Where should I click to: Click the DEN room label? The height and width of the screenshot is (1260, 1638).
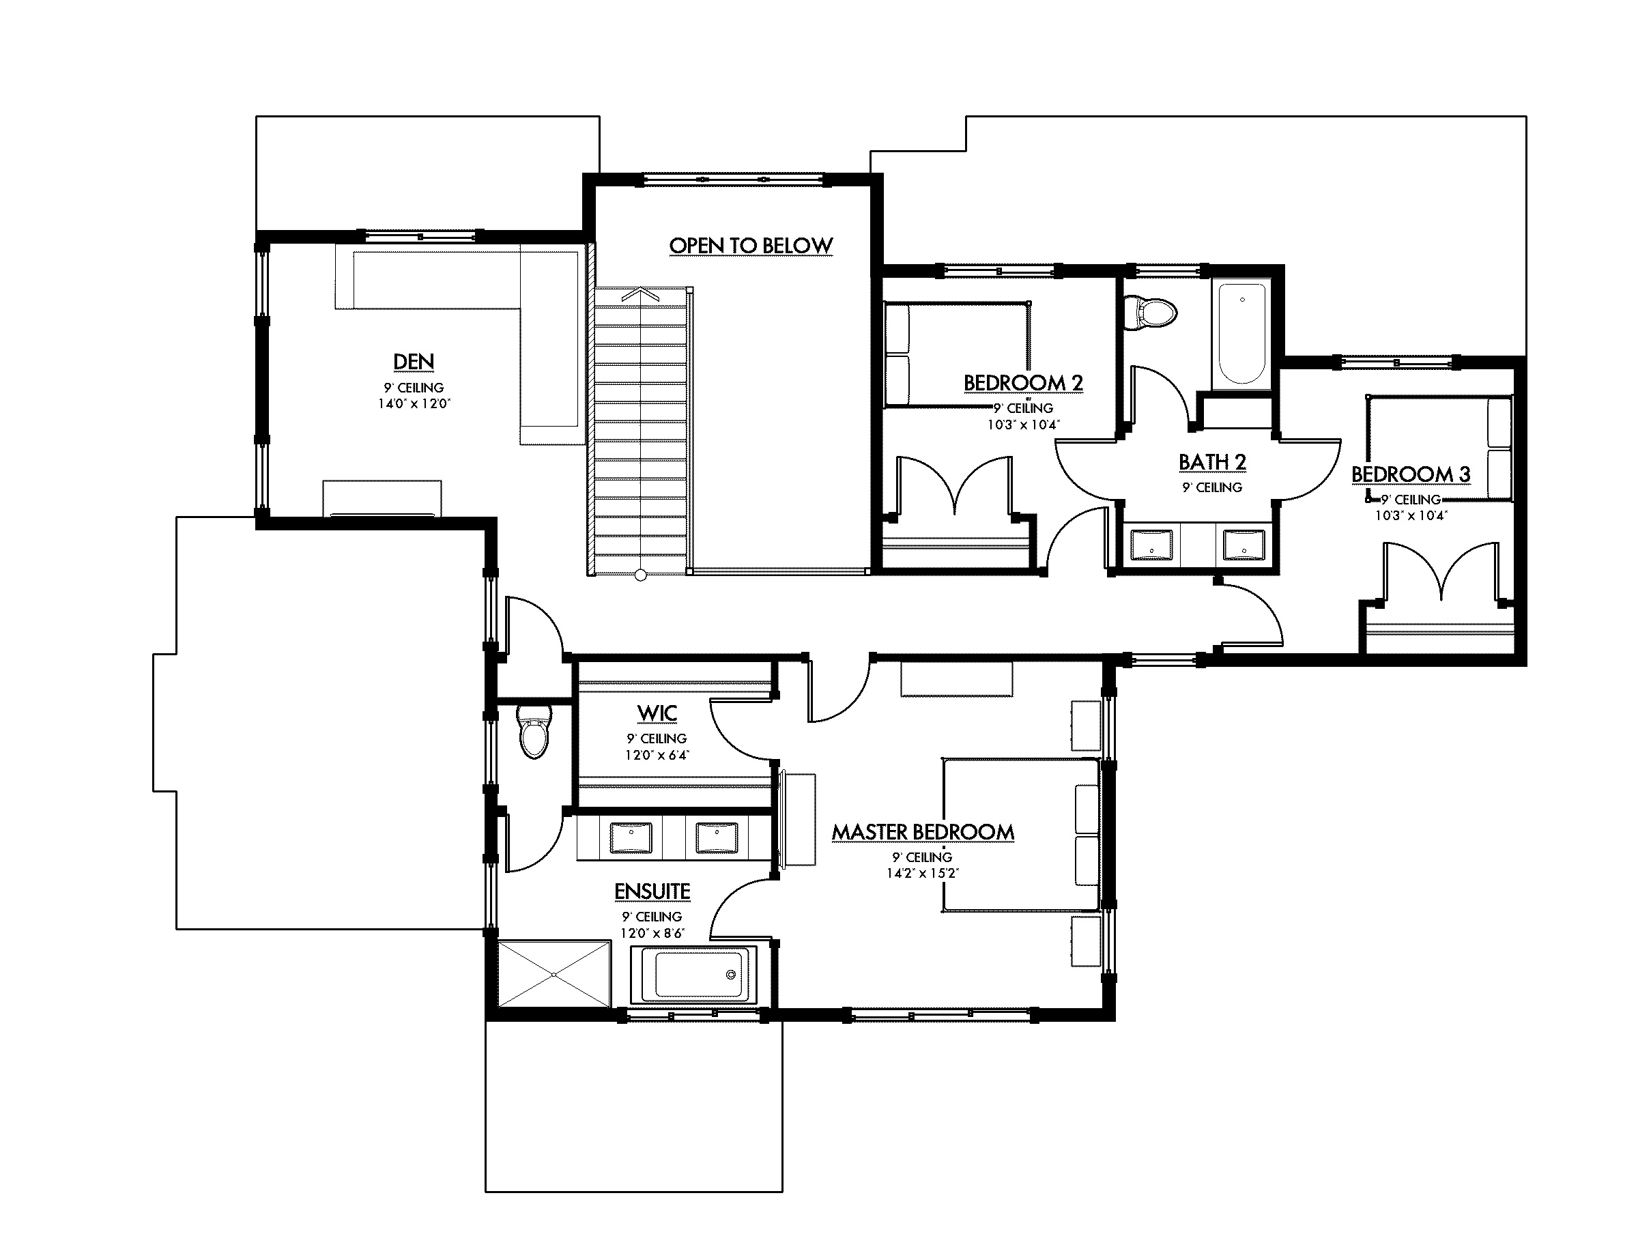click(413, 362)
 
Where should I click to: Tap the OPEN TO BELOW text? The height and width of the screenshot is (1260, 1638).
click(750, 246)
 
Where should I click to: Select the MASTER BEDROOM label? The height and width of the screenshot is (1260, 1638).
click(923, 833)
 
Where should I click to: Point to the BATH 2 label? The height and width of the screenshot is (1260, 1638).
click(1212, 462)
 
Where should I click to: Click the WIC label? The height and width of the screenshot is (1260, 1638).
click(657, 713)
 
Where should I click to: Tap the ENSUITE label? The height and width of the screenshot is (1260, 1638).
click(652, 891)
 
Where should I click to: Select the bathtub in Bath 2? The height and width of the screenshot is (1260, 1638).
click(1242, 334)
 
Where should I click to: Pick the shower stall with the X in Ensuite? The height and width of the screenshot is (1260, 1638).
click(554, 974)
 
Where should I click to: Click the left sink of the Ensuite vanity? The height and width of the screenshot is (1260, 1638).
click(631, 837)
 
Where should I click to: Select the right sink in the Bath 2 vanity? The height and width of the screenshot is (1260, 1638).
click(1244, 545)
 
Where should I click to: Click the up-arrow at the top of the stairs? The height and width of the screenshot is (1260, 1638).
click(640, 295)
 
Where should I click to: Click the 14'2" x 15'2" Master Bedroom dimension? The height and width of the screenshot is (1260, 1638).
click(923, 873)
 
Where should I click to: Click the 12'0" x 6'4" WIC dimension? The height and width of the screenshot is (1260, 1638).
click(657, 756)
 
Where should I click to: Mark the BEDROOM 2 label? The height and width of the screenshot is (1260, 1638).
click(1023, 383)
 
